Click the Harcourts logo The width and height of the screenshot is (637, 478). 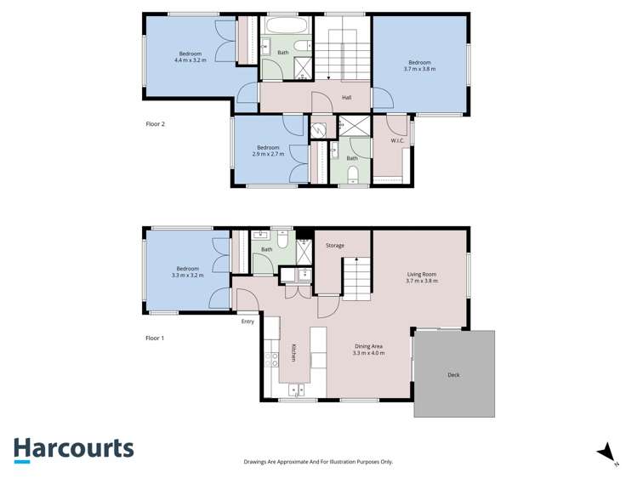coord(73,449)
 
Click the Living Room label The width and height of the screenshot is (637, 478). coord(421,277)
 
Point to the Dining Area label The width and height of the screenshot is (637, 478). coord(368,350)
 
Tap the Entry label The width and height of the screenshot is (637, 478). coord(247,322)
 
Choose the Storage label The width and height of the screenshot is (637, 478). coord(335,246)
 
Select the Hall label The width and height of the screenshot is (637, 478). coord(347,98)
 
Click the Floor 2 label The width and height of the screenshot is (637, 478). coord(155,124)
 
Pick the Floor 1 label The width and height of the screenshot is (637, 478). coord(155,338)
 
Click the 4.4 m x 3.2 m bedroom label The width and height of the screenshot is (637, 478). coord(190,57)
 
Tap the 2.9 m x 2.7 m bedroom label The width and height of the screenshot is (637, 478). coord(268,151)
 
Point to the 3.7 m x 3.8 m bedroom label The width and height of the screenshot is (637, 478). coord(419,65)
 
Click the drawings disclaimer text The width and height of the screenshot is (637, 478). coord(318,462)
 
